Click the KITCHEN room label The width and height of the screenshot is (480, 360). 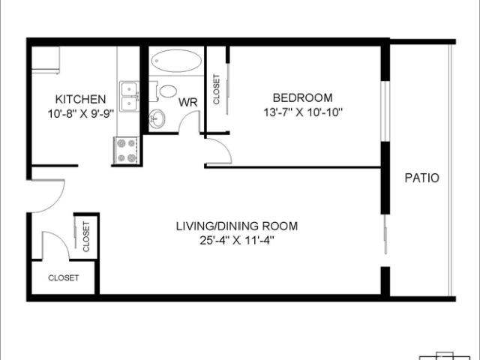80,99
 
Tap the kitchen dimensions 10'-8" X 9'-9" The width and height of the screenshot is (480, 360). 80,114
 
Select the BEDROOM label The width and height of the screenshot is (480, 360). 302,98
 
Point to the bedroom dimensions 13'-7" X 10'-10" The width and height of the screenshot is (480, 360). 302,112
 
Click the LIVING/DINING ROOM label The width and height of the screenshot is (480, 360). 237,226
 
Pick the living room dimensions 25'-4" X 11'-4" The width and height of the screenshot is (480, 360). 237,240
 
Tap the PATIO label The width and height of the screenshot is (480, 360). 421,178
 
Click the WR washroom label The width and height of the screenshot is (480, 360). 187,102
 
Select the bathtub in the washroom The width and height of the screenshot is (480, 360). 176,61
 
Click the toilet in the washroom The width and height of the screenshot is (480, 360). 164,91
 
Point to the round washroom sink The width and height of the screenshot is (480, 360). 157,118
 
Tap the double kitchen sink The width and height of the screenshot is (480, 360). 129,97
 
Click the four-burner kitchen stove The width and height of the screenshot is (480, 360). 127,150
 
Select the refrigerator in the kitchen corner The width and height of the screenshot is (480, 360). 46,60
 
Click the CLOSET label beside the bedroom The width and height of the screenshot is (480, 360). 216,89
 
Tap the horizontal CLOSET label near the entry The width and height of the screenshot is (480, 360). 63,278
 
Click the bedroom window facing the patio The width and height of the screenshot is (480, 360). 385,112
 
